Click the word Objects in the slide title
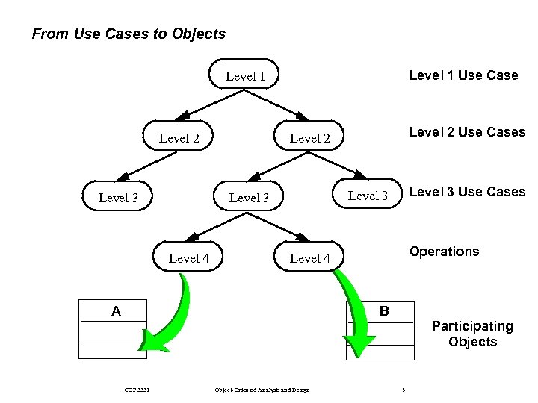(x=198, y=34)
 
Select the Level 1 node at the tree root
(x=246, y=75)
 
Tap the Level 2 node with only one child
(x=179, y=137)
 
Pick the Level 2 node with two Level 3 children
(x=309, y=138)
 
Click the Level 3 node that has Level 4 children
(x=249, y=198)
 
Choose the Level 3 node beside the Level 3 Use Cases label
(x=368, y=196)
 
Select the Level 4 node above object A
(x=188, y=258)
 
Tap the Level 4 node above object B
(x=309, y=258)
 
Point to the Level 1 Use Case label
(x=463, y=75)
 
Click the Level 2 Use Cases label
(x=466, y=132)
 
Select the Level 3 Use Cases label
(x=467, y=192)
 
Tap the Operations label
(x=444, y=252)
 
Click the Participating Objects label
(x=472, y=334)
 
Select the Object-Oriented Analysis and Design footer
(x=262, y=390)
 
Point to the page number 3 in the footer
(x=403, y=390)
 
